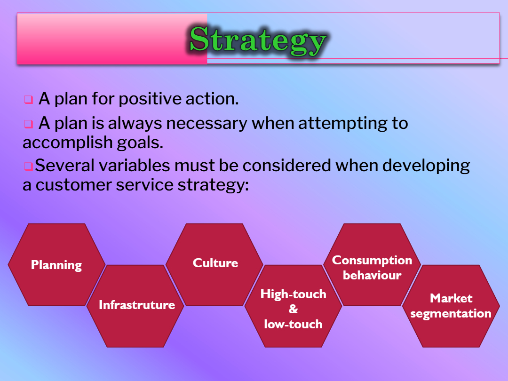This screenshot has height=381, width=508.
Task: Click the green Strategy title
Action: [x=258, y=40]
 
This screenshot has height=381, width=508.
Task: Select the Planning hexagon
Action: [x=57, y=265]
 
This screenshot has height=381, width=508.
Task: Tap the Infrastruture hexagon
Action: [x=135, y=306]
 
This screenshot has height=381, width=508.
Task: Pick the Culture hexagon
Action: [x=214, y=265]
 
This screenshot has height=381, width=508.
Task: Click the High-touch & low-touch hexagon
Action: [x=293, y=306]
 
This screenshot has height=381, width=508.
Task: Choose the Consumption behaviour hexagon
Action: [x=372, y=265]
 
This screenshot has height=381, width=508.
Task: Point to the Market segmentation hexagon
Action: [x=451, y=306]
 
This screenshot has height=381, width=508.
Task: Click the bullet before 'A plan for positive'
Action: [x=29, y=99]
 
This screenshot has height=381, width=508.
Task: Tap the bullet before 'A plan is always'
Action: [x=29, y=124]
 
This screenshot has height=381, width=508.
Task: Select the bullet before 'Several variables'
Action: [x=29, y=167]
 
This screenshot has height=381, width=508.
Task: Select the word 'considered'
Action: [x=287, y=165]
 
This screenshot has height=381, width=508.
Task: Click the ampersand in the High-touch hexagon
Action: [x=293, y=309]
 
